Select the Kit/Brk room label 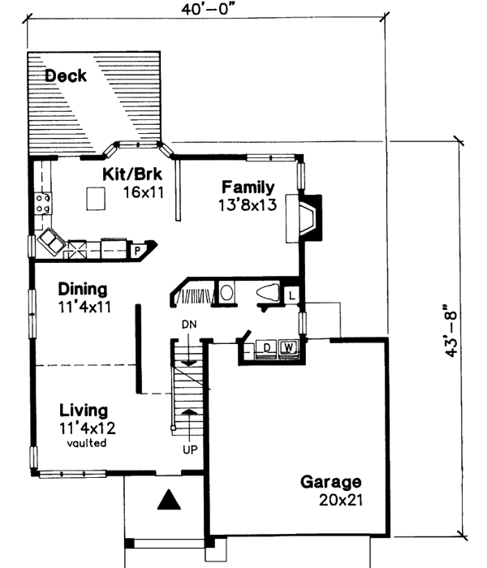134,174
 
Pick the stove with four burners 43,203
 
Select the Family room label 248,187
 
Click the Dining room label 84,290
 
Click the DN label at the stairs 189,325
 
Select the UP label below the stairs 189,447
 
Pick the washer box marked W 287,349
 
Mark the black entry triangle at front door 167,500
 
